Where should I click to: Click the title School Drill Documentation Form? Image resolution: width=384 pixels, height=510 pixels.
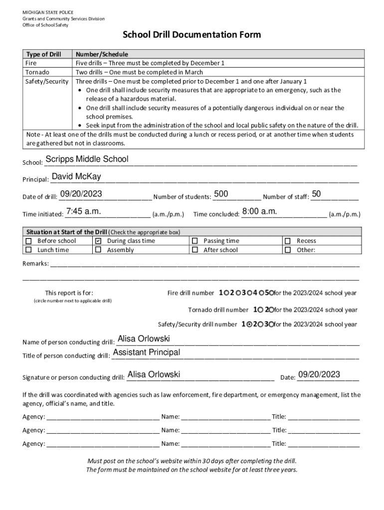pyautogui.click(x=192, y=35)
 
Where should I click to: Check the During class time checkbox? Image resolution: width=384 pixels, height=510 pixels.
pyautogui.click(x=98, y=241)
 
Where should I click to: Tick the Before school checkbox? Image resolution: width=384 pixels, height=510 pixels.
pyautogui.click(x=28, y=241)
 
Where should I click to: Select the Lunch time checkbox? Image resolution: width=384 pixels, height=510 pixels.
pyautogui.click(x=28, y=250)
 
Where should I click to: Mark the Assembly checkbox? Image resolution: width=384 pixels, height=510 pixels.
pyautogui.click(x=98, y=250)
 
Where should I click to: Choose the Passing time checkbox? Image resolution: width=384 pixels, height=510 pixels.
pyautogui.click(x=194, y=241)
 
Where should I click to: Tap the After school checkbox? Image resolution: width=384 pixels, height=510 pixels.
pyautogui.click(x=194, y=250)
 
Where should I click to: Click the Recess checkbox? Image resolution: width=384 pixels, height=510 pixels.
pyautogui.click(x=287, y=241)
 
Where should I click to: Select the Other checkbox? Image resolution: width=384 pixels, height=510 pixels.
pyautogui.click(x=287, y=250)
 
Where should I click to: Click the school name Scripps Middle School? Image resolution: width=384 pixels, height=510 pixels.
pyautogui.click(x=86, y=159)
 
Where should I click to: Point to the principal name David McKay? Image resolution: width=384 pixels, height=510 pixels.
pyautogui.click(x=76, y=177)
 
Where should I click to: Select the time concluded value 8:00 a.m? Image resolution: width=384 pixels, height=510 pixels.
pyautogui.click(x=259, y=212)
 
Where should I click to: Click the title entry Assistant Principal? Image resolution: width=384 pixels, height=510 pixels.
pyautogui.click(x=147, y=353)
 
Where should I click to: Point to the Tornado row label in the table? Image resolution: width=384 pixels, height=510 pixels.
pyautogui.click(x=36, y=72)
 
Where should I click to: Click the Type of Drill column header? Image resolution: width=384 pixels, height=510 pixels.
pyautogui.click(x=44, y=54)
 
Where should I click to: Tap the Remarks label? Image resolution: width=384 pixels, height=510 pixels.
pyautogui.click(x=35, y=263)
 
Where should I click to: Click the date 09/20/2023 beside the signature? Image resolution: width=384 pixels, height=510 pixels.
pyautogui.click(x=319, y=375)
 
